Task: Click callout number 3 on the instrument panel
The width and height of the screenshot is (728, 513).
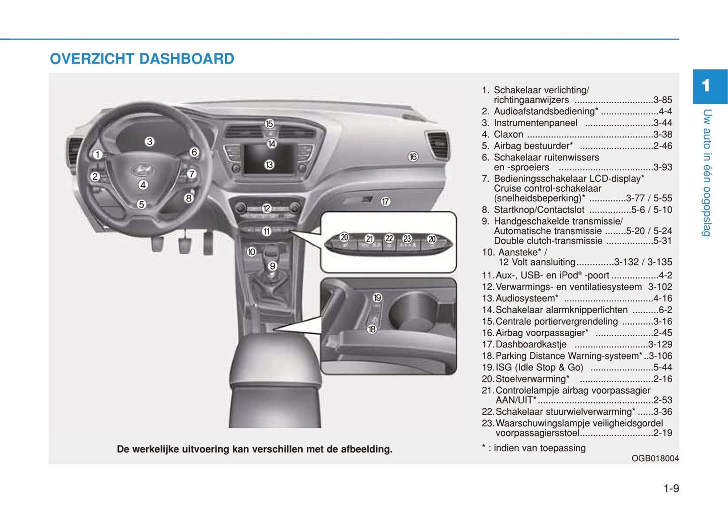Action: click(149, 141)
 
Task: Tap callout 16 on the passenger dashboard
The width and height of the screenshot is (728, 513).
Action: click(413, 157)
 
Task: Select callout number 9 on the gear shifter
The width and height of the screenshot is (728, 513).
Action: click(273, 266)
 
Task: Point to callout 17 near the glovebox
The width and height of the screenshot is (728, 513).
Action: click(385, 201)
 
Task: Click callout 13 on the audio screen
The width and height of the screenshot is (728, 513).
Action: click(269, 165)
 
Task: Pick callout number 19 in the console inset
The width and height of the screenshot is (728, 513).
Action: click(377, 298)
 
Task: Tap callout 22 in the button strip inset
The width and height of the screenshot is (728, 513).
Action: click(389, 238)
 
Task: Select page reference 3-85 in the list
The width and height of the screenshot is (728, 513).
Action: click(663, 100)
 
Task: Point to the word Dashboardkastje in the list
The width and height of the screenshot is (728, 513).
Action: click(531, 344)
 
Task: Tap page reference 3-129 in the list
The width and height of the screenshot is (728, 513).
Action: click(660, 344)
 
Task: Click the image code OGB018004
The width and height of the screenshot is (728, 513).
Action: click(655, 459)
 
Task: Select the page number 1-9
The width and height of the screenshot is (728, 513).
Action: click(671, 488)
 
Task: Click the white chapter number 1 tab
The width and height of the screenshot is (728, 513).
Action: click(706, 86)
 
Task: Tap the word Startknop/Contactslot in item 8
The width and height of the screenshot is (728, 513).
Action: click(539, 210)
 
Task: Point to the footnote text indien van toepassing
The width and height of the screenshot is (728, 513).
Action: click(540, 448)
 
